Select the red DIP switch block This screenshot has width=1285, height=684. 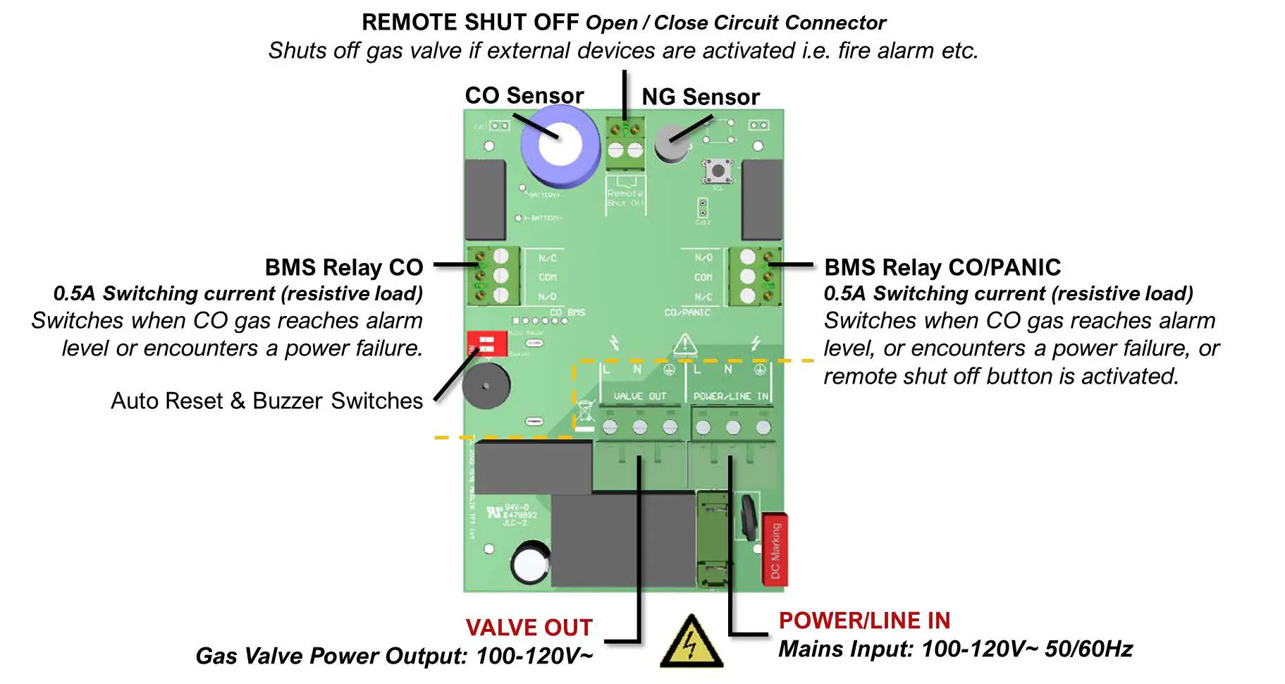point(487,344)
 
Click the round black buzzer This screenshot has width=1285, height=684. point(486,386)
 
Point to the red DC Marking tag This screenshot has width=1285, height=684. point(775,549)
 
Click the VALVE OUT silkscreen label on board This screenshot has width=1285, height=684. point(639,396)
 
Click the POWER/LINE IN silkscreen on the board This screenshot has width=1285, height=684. point(730,396)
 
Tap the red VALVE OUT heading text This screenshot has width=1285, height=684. point(529,628)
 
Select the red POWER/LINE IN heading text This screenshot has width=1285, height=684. point(864,621)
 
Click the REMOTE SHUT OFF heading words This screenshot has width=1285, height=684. point(470,23)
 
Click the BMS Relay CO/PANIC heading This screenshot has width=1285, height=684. point(942,267)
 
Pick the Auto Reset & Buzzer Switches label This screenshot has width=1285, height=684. point(266,401)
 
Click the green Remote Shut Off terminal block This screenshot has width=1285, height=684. point(625,142)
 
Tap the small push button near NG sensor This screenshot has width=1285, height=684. point(718,170)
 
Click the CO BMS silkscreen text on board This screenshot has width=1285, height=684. point(567,312)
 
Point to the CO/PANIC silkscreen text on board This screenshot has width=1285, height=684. point(687,312)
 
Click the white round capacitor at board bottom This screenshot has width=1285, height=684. point(529,563)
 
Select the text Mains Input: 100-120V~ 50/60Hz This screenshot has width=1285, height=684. point(955,649)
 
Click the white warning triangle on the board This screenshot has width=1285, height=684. point(684,345)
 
